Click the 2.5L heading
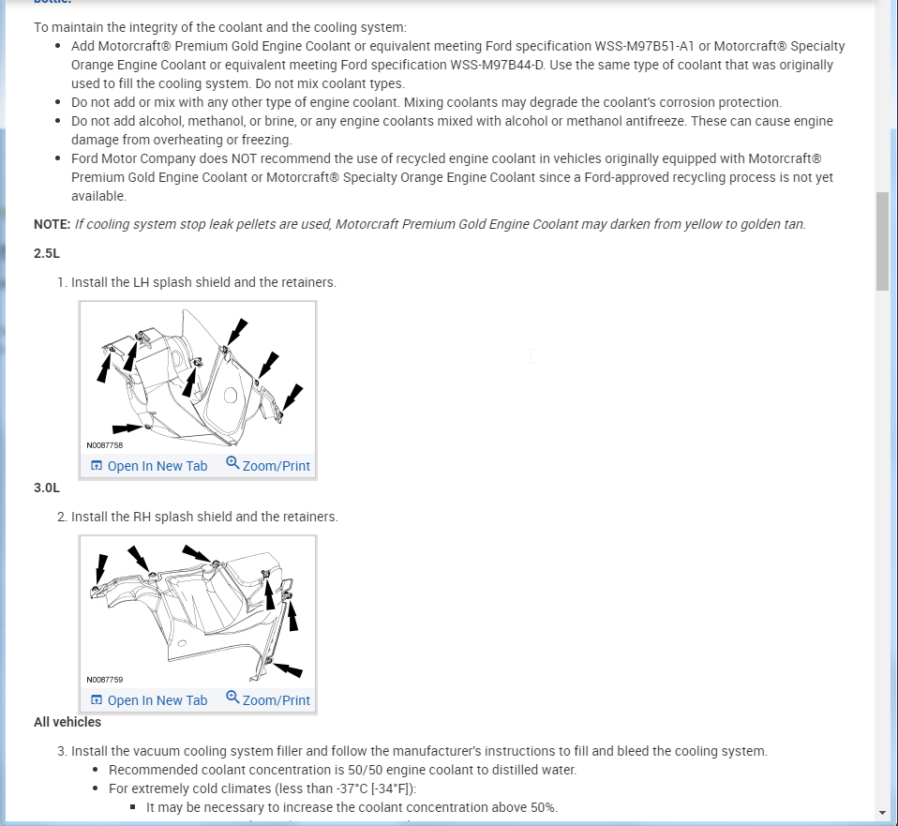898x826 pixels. (47, 253)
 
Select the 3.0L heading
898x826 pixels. (47, 488)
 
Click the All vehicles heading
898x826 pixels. (67, 722)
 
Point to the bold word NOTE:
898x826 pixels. (52, 224)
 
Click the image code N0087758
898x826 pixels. (104, 445)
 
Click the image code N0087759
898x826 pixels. (104, 680)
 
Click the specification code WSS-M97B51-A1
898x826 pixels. (650, 46)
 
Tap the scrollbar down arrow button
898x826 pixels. (882, 812)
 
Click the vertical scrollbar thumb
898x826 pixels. (882, 242)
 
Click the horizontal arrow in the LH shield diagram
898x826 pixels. (130, 428)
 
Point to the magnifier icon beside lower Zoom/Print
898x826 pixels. (232, 698)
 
